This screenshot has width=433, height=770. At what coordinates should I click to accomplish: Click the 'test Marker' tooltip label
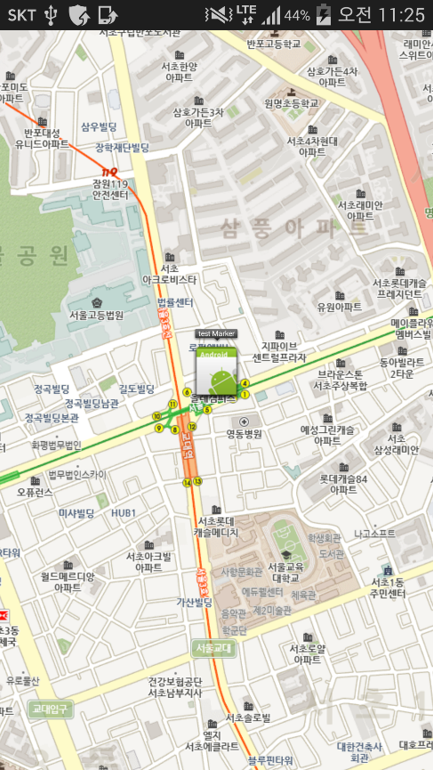217,334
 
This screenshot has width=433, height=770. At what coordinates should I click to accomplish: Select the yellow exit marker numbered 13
197,482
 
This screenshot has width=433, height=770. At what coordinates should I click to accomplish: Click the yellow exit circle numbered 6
187,392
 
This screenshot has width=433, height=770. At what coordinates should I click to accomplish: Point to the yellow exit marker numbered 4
245,383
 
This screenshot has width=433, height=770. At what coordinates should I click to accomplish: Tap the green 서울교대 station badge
213,648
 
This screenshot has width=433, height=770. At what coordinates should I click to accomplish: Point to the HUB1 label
124,513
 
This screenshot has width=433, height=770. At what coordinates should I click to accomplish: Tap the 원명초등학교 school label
290,103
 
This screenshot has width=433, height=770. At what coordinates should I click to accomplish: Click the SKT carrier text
21,14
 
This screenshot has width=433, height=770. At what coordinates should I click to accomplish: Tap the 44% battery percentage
298,15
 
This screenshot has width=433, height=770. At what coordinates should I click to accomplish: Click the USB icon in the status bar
52,14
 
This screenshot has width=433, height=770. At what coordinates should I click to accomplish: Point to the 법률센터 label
175,302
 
